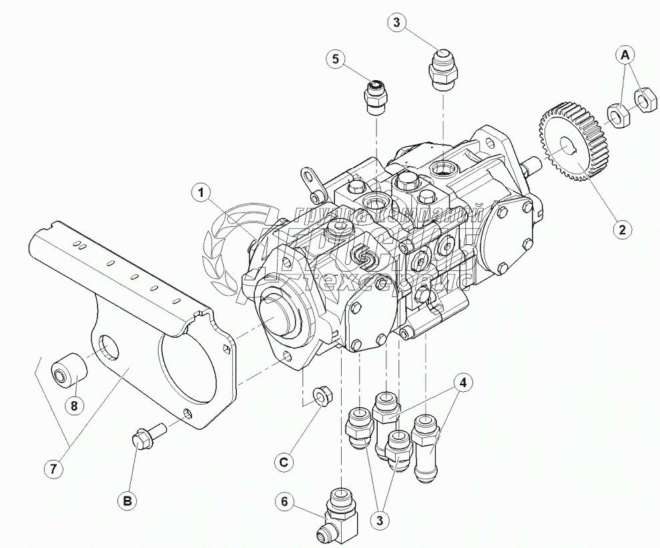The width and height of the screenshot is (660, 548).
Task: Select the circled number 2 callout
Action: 621,229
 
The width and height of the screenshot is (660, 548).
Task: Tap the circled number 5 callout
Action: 336,59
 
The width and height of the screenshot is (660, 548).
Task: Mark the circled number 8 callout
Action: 75,404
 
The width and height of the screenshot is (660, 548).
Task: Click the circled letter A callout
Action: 625,55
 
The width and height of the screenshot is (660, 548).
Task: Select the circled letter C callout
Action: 284,461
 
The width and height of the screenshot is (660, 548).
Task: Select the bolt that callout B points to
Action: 145,437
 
